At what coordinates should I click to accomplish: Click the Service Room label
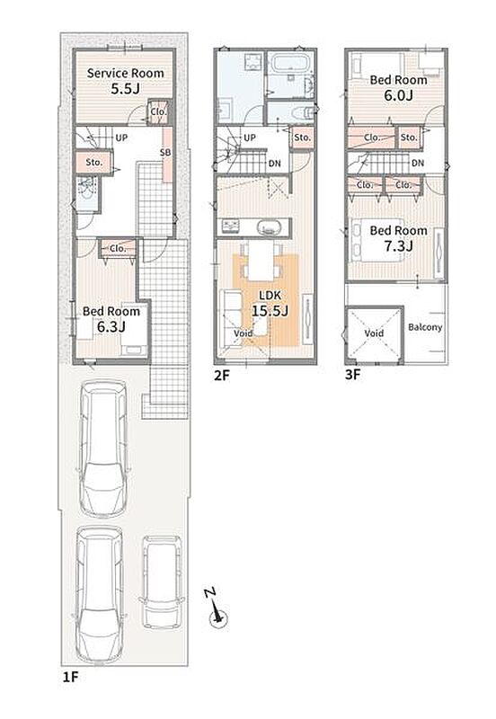point(125,73)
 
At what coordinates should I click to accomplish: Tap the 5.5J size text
point(125,88)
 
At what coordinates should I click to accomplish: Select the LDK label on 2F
point(270,296)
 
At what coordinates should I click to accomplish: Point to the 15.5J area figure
point(270,311)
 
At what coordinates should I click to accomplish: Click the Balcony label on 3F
point(425,327)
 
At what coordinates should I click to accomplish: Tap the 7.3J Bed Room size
point(398,245)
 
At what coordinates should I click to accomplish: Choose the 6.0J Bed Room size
point(398,95)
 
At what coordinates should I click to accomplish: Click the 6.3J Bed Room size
point(111,326)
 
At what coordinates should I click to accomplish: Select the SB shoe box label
point(165,152)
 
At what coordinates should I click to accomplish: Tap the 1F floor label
point(71,677)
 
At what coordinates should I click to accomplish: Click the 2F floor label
point(222,376)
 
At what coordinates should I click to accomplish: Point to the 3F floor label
point(353,375)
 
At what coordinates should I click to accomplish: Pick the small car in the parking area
point(161,582)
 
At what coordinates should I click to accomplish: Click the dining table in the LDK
point(260,260)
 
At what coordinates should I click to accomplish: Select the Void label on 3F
point(374,333)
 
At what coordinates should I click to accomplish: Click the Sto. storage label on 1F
point(94,163)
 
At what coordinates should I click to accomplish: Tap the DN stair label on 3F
point(418,163)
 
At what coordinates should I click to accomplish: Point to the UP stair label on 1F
point(121,138)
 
